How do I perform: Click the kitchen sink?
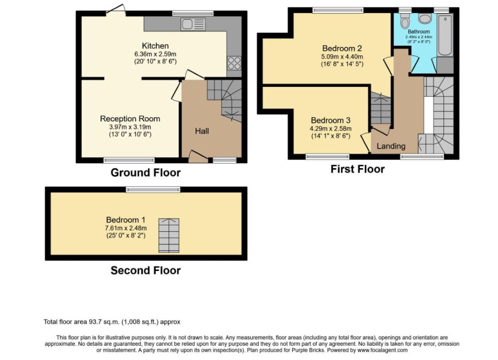[193, 24]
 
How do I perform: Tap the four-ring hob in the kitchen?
[234, 63]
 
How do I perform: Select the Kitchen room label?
[155, 46]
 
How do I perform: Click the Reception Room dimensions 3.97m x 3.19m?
[130, 127]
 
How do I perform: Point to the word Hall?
[202, 131]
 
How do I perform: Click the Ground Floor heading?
[145, 173]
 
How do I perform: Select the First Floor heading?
[358, 169]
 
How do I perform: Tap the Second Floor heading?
[145, 270]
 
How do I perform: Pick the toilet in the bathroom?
[405, 21]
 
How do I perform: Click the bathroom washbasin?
[424, 18]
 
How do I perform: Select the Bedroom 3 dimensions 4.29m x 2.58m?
[330, 129]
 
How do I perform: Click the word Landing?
[391, 146]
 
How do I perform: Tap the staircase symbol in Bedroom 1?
[169, 235]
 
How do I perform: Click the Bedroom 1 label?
[126, 220]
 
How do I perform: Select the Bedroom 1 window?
[153, 189]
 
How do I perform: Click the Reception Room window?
[129, 160]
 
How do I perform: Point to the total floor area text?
[112, 322]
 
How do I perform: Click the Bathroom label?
[419, 32]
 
